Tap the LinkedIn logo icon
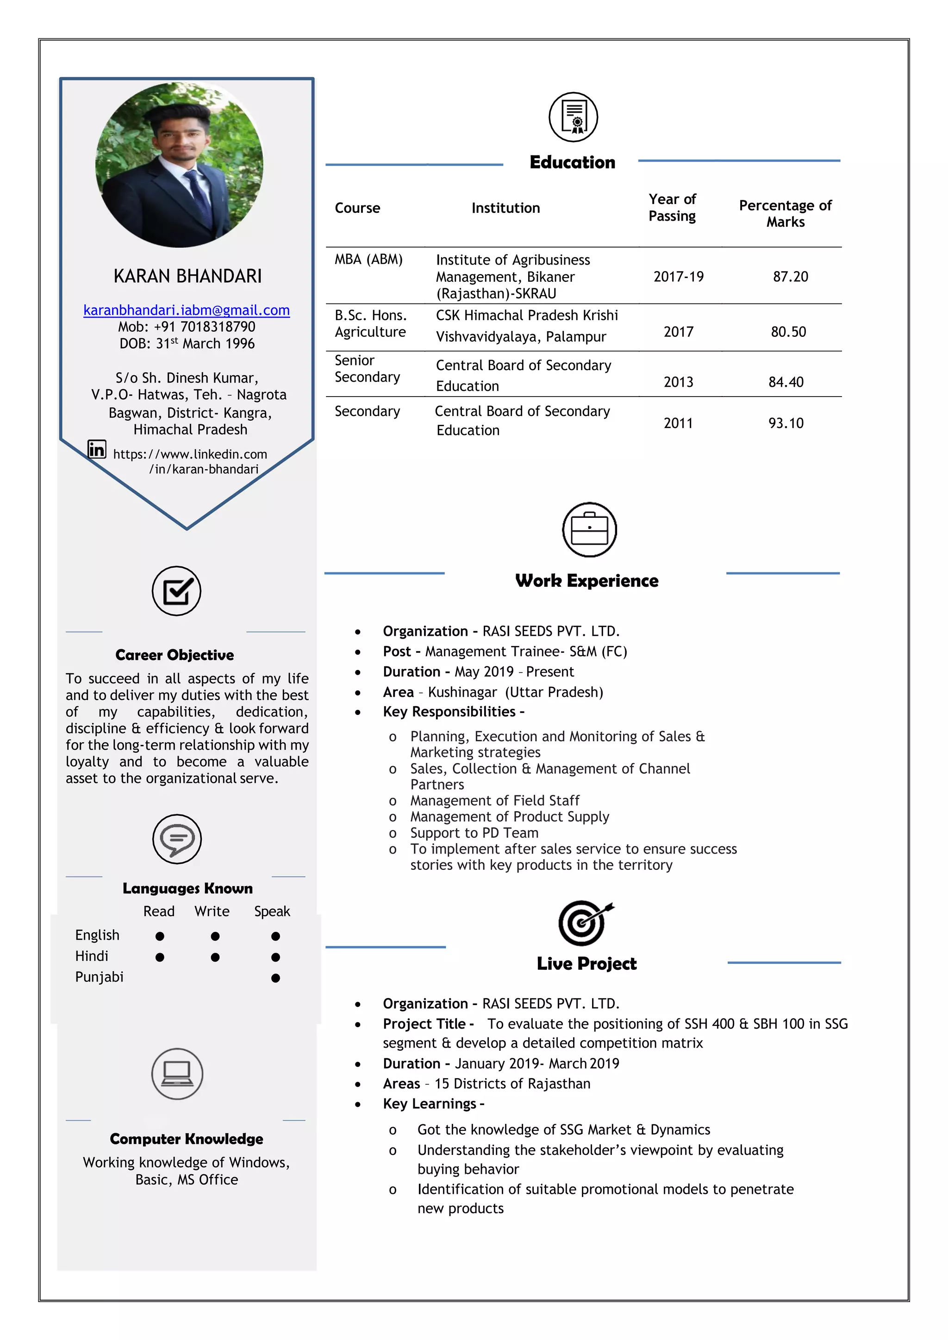click(x=97, y=449)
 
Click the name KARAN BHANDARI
click(x=187, y=276)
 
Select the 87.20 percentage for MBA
click(x=791, y=277)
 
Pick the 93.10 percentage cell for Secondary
click(x=786, y=423)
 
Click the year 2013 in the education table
click(x=678, y=382)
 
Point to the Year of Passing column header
click(x=672, y=208)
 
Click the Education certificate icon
click(x=573, y=118)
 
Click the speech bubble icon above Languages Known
click(x=177, y=839)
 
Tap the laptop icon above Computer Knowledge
click(x=177, y=1073)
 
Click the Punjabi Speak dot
click(x=275, y=978)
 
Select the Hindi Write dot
click(x=215, y=957)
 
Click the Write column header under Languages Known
click(x=212, y=912)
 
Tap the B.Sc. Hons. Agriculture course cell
click(x=370, y=324)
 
